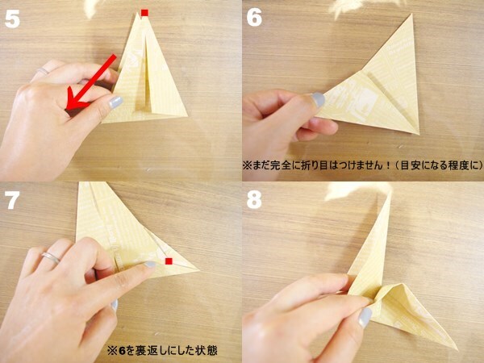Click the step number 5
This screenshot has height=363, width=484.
[13, 19]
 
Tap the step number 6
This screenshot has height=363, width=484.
[255, 18]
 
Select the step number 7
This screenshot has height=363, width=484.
[13, 199]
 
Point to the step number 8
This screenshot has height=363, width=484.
[255, 199]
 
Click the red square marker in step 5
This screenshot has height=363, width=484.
[145, 13]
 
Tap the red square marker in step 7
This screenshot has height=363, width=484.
[169, 261]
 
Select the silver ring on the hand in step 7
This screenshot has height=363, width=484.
[50, 257]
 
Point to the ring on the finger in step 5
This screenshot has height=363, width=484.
[41, 72]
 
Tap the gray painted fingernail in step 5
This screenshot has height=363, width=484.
[115, 102]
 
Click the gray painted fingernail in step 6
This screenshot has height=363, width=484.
[318, 99]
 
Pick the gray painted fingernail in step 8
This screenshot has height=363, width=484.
[365, 317]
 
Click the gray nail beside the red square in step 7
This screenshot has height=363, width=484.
[150, 264]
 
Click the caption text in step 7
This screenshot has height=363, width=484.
[161, 351]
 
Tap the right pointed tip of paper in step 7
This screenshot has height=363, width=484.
[198, 269]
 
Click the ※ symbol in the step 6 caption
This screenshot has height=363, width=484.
[248, 165]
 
